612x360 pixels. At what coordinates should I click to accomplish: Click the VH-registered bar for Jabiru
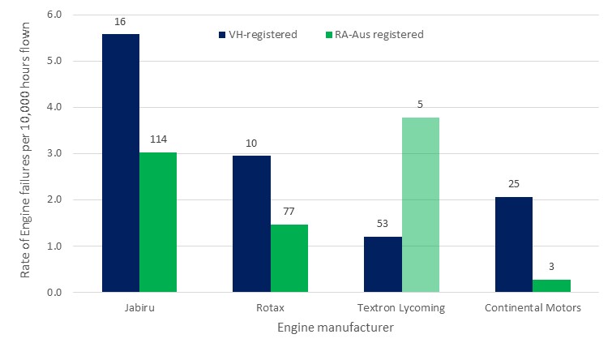tap(120, 162)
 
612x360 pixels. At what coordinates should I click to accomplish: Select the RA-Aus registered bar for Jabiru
tap(158, 221)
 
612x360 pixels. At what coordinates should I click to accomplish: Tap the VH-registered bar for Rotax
tap(251, 223)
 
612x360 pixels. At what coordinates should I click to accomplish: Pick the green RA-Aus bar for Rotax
tap(289, 258)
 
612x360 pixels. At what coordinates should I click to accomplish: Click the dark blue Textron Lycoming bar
tap(383, 264)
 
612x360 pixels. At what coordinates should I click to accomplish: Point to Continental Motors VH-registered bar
tap(514, 244)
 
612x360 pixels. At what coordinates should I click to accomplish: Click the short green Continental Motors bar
tap(552, 285)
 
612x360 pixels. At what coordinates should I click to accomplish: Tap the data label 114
tap(158, 139)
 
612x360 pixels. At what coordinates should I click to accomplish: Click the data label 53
tap(383, 223)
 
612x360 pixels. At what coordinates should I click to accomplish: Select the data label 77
tap(289, 211)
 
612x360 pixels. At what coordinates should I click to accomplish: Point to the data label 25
tap(514, 183)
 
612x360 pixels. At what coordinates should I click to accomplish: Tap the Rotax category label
tap(270, 308)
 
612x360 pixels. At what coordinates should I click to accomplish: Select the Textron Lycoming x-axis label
tap(401, 308)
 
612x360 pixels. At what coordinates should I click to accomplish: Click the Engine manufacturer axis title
tap(336, 328)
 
